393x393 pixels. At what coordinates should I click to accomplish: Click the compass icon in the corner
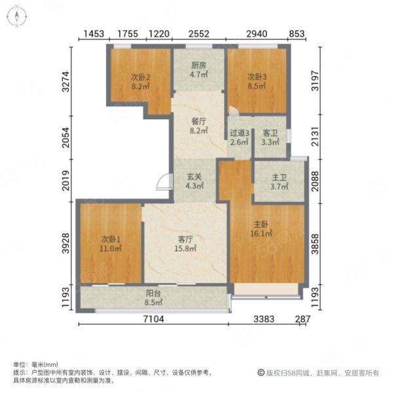click(17, 16)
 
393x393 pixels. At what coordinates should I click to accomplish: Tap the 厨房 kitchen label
click(198, 65)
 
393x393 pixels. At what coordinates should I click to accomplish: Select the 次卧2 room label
click(140, 77)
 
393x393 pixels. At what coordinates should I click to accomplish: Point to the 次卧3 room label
click(257, 77)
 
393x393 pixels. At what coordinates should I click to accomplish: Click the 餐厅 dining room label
click(198, 122)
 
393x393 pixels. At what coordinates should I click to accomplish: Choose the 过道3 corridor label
click(239, 133)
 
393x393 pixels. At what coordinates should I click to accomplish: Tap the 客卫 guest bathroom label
click(270, 133)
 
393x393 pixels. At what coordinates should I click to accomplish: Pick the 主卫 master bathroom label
click(279, 178)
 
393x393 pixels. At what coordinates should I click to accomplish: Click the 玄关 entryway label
click(195, 177)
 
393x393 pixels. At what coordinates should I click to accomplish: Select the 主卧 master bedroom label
click(261, 224)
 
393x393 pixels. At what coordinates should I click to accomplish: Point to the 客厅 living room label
click(185, 239)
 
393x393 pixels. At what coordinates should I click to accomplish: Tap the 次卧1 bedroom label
click(111, 239)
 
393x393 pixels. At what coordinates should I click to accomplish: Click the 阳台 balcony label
click(153, 293)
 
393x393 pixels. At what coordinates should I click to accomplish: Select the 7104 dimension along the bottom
click(154, 319)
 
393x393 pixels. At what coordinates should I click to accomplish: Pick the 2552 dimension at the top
click(198, 34)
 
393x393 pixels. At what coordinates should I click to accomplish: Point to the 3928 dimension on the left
click(65, 244)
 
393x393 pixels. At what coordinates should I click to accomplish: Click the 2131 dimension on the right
click(315, 137)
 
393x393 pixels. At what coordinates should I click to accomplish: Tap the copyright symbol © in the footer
click(261, 373)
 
